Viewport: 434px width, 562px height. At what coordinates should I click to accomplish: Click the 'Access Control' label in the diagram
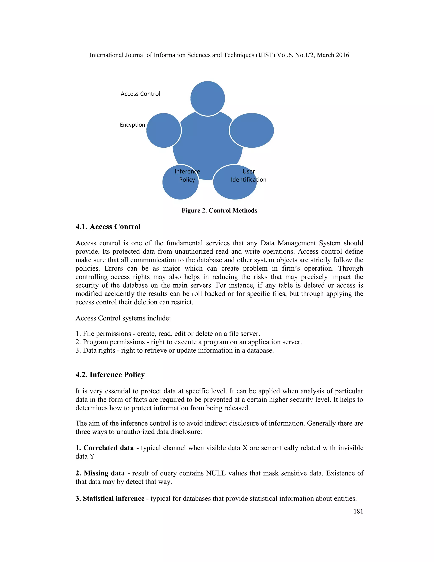click(140, 94)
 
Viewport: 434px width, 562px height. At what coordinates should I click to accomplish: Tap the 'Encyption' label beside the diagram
click(132, 125)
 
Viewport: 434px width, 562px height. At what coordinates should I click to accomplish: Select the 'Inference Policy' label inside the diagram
click(187, 176)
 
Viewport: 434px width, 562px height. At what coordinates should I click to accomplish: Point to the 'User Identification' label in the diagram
click(248, 176)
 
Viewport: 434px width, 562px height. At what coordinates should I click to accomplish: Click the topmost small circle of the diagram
click(207, 98)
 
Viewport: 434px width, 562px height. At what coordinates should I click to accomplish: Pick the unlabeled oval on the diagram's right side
click(252, 130)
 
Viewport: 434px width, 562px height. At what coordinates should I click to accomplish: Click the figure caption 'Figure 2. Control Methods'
click(219, 211)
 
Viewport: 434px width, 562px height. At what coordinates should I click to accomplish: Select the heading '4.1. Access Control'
click(108, 227)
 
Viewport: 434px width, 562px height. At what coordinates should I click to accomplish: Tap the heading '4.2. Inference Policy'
click(110, 375)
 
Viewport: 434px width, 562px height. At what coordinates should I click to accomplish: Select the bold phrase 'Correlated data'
click(108, 448)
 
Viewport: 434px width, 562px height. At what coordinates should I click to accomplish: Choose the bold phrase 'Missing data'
click(104, 473)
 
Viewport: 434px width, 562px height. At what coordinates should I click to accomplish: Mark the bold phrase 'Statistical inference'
click(113, 498)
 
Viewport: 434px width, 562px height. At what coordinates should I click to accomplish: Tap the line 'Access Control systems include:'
click(123, 318)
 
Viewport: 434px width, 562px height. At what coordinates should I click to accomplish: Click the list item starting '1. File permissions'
click(168, 334)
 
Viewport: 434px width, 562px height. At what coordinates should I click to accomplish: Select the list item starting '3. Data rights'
click(175, 351)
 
